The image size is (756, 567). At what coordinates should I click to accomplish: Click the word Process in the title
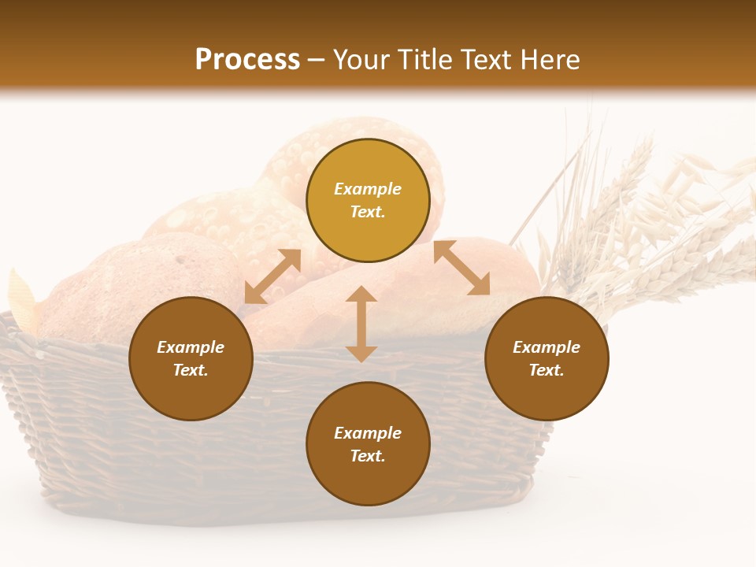[x=247, y=60]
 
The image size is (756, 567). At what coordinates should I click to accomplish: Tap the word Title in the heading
[x=424, y=60]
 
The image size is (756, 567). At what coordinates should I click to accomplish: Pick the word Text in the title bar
[x=484, y=60]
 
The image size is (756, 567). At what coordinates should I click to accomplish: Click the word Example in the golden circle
[x=368, y=189]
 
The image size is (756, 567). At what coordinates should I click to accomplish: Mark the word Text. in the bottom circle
[x=368, y=456]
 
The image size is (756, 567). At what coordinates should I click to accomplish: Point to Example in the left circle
[x=191, y=347]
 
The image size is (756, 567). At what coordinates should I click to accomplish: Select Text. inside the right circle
[x=547, y=370]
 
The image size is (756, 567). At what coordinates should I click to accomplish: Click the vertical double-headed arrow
[x=361, y=324]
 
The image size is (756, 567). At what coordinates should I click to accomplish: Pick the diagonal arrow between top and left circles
[x=272, y=276]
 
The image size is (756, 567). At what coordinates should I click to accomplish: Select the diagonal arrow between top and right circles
[x=461, y=268]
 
